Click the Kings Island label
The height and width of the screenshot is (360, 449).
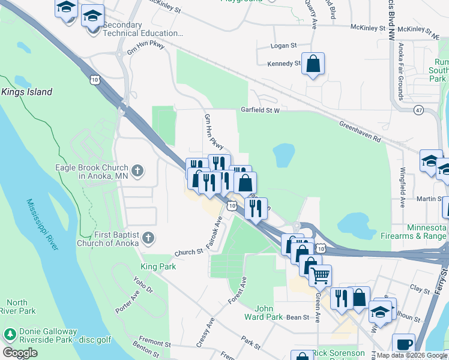tap(26, 92)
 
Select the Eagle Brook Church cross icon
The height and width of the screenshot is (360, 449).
tap(137, 172)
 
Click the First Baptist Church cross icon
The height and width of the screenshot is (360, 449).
tap(147, 239)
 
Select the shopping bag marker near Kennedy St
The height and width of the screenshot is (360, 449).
tap(313, 64)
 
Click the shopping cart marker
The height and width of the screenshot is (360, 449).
tap(321, 276)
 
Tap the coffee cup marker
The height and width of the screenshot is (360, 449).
tap(404, 344)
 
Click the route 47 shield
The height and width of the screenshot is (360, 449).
tap(418, 110)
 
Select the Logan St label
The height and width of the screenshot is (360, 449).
tap(285, 46)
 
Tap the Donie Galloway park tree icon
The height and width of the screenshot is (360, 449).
tap(9, 334)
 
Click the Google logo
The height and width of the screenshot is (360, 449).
tap(20, 353)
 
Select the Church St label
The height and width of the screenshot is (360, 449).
tap(189, 253)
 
